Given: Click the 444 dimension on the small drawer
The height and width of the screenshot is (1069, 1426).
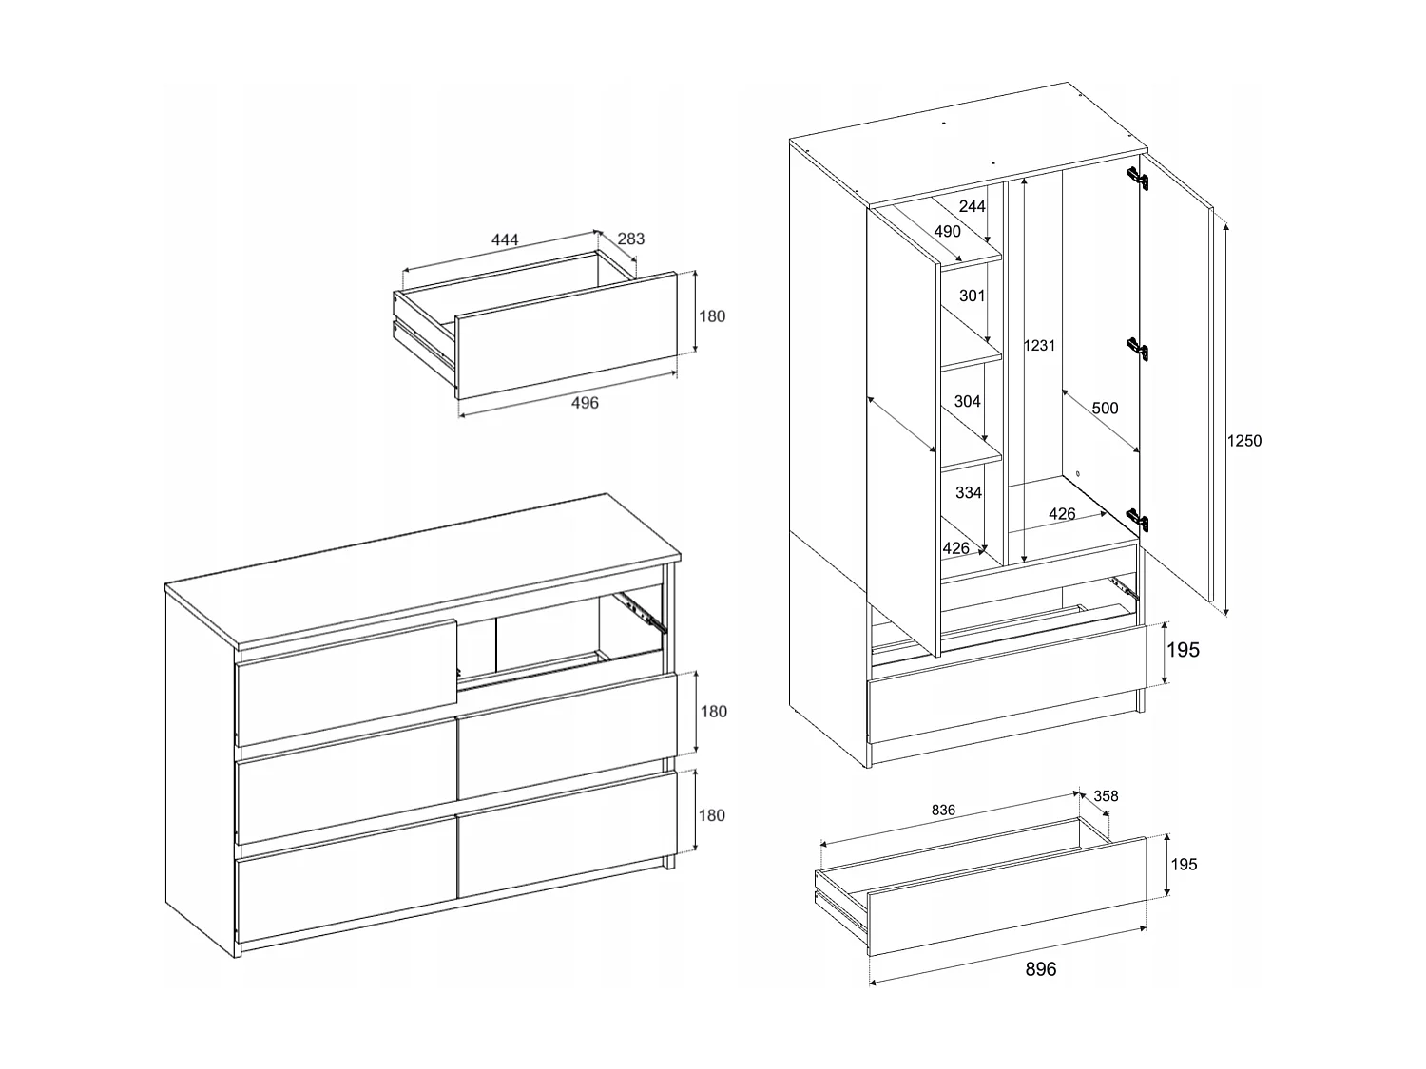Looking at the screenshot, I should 504,240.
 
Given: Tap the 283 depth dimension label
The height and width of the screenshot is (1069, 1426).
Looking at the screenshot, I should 631,239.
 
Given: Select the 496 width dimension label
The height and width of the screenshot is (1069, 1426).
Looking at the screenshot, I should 585,403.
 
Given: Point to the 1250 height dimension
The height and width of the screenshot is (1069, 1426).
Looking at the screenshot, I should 1243,441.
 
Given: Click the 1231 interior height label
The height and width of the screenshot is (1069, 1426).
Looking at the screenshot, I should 1039,346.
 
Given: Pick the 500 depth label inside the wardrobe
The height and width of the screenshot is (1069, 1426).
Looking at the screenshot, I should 1105,409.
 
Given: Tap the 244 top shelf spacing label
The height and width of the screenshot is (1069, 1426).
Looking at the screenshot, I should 972,207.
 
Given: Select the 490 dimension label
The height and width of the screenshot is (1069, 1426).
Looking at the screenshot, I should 947,231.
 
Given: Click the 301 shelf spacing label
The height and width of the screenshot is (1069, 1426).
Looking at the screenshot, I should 972,296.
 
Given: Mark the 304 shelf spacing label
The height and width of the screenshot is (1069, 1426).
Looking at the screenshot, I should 967,402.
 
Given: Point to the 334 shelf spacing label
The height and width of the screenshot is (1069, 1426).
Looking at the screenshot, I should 969,492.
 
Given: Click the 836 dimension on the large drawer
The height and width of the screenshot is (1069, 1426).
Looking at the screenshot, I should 943,811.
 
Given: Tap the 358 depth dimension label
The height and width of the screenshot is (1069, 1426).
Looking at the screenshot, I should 1106,796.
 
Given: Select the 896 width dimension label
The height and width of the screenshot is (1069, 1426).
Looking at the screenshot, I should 1040,969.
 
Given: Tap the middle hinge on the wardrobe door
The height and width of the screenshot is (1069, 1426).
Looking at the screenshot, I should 1139,349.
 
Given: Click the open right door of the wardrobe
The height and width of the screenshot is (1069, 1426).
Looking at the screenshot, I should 1177,380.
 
